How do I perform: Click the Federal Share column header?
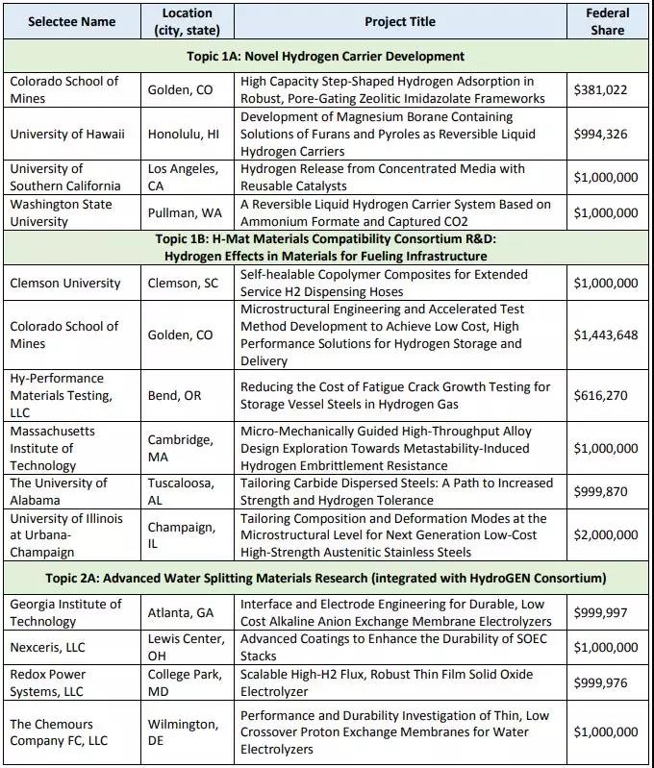tap(607, 21)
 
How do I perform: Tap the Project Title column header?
tap(400, 21)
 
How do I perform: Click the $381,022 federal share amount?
tap(599, 89)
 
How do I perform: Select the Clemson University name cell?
tap(65, 283)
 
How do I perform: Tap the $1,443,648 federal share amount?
tap(606, 335)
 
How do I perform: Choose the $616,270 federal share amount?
tap(599, 396)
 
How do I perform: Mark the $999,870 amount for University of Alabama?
tap(599, 491)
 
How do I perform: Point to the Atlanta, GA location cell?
tap(181, 612)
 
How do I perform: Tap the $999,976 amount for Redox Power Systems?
tap(599, 683)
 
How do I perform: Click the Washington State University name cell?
tap(61, 212)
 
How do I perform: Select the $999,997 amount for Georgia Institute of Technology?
tap(599, 612)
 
